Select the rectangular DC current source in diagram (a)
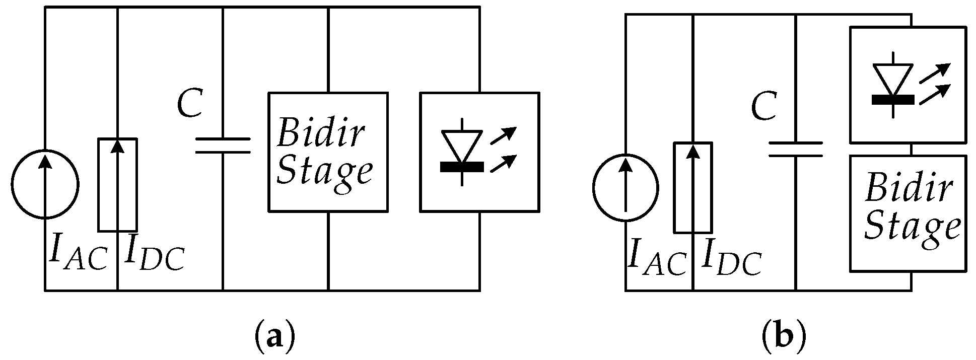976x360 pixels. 117,184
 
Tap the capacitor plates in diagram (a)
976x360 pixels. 223,145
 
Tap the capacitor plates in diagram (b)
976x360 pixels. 796,149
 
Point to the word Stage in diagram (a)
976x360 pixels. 325,172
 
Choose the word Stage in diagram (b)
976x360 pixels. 912,228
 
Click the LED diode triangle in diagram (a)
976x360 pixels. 462,146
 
